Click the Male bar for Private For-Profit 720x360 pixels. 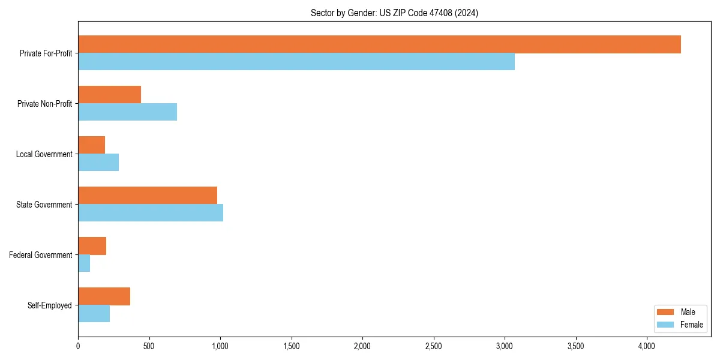[x=379, y=44]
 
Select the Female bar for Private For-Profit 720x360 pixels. [x=296, y=61]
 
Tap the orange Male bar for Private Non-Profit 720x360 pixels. [x=109, y=95]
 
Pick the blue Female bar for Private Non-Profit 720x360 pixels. [x=127, y=112]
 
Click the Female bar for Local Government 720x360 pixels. [x=98, y=162]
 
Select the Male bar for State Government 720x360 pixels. [x=148, y=196]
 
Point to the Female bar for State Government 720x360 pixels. [x=151, y=212]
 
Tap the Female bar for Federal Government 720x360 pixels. [x=84, y=263]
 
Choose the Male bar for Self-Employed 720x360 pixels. [x=104, y=296]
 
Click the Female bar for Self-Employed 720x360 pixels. [x=94, y=313]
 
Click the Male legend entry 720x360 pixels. [x=679, y=312]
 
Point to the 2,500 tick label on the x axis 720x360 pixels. [x=433, y=346]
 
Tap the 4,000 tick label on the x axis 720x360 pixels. [x=646, y=346]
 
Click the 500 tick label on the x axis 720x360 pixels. [x=149, y=346]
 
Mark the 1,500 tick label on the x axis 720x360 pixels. [x=291, y=346]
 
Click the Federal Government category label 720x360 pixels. [x=40, y=255]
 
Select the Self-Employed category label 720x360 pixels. [x=49, y=305]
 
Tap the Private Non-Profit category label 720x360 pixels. [x=44, y=104]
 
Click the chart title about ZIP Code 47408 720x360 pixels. [x=394, y=13]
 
